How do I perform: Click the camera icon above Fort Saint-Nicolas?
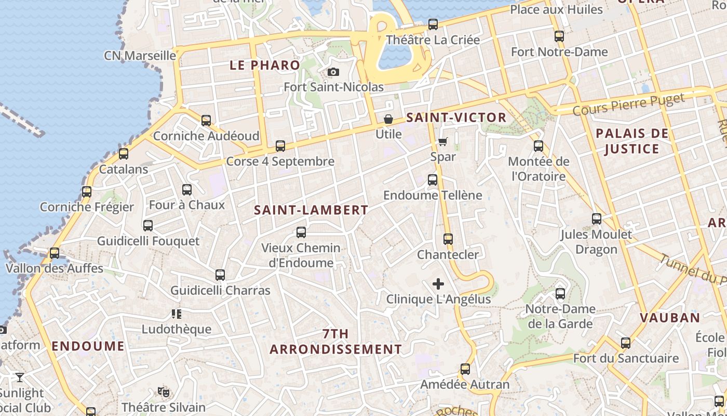coord(333,72)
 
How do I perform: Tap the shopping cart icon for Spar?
coord(443,141)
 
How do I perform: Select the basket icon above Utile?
coord(388,119)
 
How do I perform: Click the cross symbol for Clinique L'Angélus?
coord(438,284)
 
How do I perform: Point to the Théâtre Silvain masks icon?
coord(164,392)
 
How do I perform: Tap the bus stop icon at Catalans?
coord(124,154)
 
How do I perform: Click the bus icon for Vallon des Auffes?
coord(55,253)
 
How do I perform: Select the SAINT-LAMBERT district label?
coord(311,210)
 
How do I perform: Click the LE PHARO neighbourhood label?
coord(265,65)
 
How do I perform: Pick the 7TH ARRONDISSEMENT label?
coord(336,341)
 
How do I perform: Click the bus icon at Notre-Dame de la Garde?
coord(560,294)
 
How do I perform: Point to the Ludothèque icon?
coord(177,314)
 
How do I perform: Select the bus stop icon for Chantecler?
coord(448,239)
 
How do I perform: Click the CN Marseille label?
coord(140,55)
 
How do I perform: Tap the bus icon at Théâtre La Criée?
coord(433,24)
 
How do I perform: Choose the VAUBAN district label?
coord(670,317)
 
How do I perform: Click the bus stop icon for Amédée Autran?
coord(465,369)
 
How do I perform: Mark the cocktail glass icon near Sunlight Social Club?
coord(20,377)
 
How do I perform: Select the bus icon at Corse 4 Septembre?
coord(280,146)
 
